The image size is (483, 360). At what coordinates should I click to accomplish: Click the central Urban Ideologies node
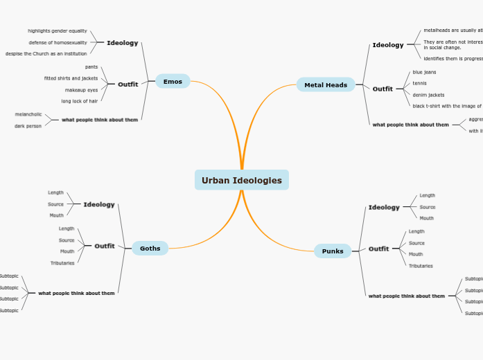coord(241,180)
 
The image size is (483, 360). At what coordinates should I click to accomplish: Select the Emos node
coord(173,82)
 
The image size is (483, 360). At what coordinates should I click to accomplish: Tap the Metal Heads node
coord(326,85)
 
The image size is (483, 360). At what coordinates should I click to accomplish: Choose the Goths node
coord(150,249)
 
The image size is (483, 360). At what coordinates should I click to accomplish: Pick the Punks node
coord(333,251)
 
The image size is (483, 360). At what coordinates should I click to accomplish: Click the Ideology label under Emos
coord(122,43)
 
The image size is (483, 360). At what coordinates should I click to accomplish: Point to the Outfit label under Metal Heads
coord(383,89)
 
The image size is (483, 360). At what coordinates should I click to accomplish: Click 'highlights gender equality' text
coord(58,31)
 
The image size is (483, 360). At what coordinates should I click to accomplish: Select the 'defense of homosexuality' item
coord(58,42)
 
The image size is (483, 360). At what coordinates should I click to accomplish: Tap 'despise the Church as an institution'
coord(46,53)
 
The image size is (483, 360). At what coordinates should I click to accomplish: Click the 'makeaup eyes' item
coord(81,90)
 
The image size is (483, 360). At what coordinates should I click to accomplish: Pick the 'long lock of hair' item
coord(80,101)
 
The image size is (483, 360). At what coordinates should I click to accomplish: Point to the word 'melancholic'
coord(28,114)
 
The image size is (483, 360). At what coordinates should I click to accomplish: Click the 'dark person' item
coord(28,126)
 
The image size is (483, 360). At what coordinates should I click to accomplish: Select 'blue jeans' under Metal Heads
coord(424,72)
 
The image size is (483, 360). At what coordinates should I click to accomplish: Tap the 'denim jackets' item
coord(428,95)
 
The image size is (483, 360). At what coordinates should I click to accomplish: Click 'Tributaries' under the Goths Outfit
coord(62,263)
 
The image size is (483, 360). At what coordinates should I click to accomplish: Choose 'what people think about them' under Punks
coord(407,296)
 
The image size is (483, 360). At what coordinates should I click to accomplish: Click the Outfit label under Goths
coord(105,246)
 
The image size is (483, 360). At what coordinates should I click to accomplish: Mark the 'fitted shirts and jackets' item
coord(71,78)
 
